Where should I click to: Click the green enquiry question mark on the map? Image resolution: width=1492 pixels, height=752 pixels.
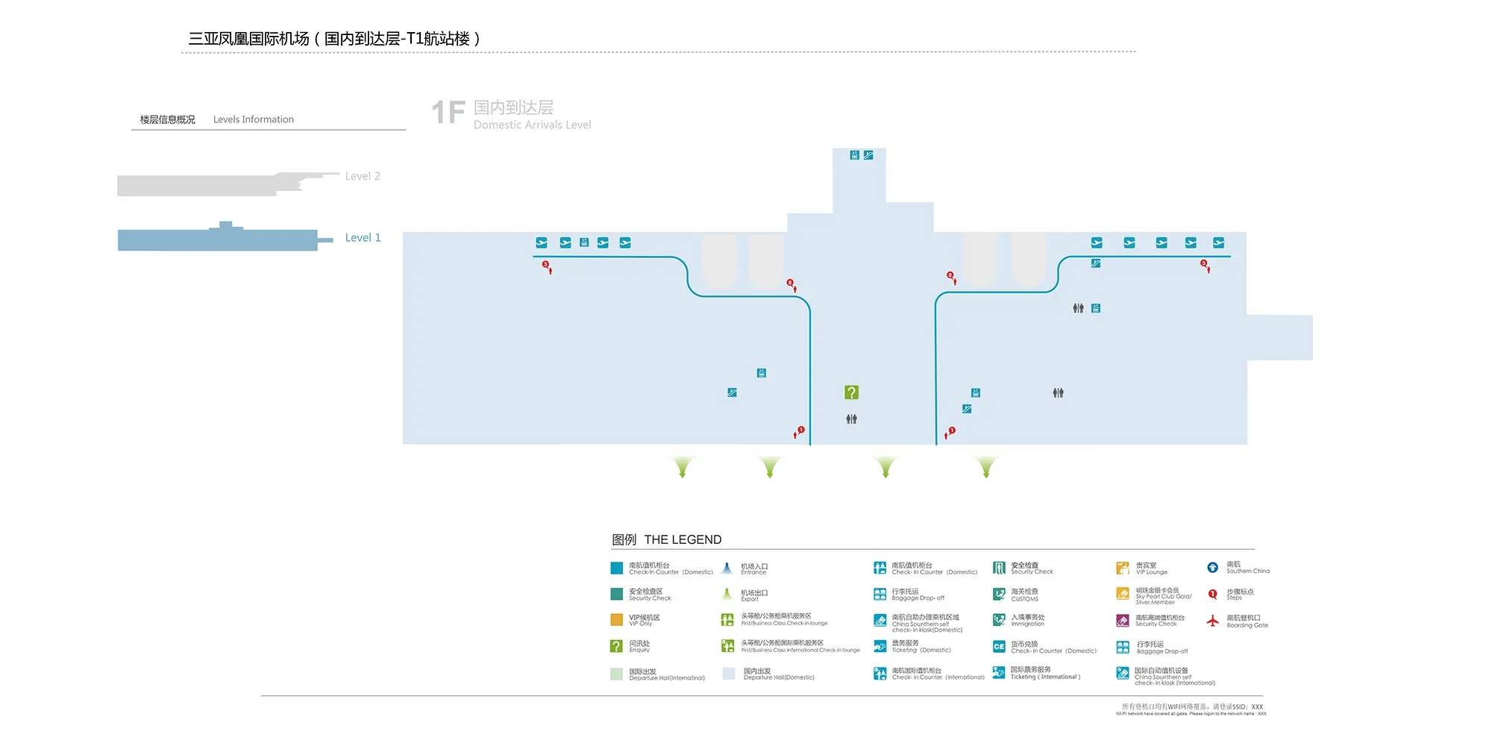[851, 392]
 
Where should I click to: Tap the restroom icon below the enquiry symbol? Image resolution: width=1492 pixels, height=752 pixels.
[851, 419]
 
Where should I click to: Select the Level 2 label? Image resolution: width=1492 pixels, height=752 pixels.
[363, 176]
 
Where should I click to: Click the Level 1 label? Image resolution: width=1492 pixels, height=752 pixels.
[363, 237]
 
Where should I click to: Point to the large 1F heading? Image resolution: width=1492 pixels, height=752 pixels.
[448, 113]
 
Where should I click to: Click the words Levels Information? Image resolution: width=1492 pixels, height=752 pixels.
[254, 119]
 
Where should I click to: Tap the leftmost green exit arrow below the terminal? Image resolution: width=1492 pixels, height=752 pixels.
[682, 468]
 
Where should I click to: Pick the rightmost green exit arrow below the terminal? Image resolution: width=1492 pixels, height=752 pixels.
[986, 468]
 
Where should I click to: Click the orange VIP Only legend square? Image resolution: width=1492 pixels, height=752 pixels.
[616, 619]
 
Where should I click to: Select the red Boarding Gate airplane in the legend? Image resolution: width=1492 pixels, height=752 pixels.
[1213, 620]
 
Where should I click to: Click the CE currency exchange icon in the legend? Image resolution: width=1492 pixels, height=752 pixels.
[999, 647]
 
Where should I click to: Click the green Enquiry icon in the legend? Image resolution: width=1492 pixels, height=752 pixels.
[616, 646]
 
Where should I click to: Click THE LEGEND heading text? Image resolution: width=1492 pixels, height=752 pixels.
[683, 539]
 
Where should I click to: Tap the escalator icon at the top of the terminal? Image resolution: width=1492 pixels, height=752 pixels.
[868, 155]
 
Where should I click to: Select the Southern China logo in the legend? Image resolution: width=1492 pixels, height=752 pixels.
[1213, 568]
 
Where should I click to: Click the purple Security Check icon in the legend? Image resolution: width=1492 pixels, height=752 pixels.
[1123, 621]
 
